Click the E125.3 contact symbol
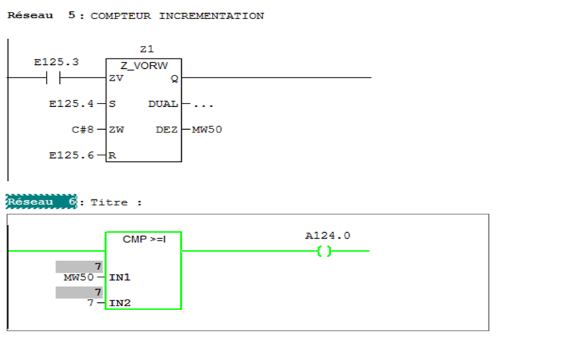[53, 78]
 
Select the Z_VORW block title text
[144, 66]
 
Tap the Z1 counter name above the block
[146, 49]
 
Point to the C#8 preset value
[83, 129]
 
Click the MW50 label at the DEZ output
[207, 129]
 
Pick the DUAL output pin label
[163, 104]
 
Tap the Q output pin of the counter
[174, 78]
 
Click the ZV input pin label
[117, 78]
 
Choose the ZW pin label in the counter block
[117, 129]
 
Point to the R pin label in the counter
[113, 155]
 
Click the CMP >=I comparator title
[144, 239]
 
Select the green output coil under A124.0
[325, 251]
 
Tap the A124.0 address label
[327, 235]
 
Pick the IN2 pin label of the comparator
[119, 303]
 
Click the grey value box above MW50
[79, 266]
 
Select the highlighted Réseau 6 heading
[41, 202]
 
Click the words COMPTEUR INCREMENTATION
[177, 16]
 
